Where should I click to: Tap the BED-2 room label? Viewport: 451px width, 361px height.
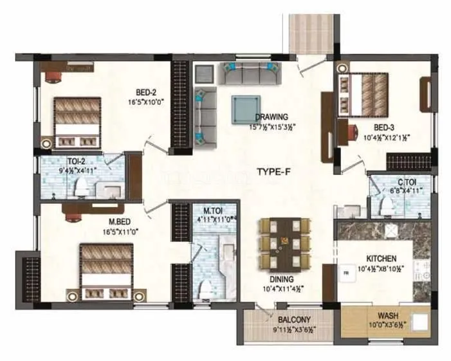[144, 91]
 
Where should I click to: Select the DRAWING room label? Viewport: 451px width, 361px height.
[271, 116]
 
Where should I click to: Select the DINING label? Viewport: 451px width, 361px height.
[282, 279]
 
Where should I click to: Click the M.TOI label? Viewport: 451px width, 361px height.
[212, 210]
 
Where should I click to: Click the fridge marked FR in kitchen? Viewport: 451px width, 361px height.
[345, 273]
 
